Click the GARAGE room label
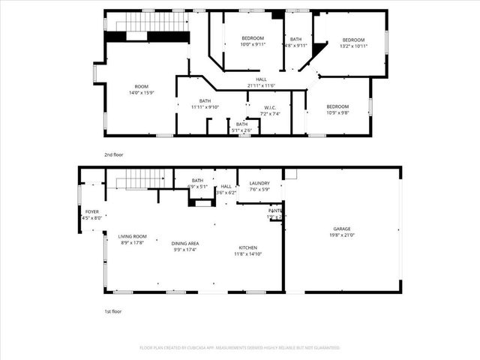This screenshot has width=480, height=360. pyautogui.click(x=342, y=229)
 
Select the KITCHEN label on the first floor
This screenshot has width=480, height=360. pyautogui.click(x=248, y=247)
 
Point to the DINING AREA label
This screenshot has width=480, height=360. pyautogui.click(x=184, y=244)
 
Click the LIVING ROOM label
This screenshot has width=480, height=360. pyautogui.click(x=132, y=236)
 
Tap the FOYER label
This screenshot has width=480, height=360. pyautogui.click(x=92, y=211)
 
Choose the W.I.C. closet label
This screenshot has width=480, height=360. pyautogui.click(x=269, y=107)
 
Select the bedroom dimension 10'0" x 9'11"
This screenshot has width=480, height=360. pyautogui.click(x=253, y=44)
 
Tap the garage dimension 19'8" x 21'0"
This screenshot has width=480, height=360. pyautogui.click(x=342, y=235)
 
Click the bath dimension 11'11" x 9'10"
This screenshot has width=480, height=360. pyautogui.click(x=205, y=107)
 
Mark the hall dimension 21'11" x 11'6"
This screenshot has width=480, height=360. pyautogui.click(x=261, y=85)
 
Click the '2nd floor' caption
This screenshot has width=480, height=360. pyautogui.click(x=114, y=154)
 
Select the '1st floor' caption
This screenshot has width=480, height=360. pyautogui.click(x=113, y=310)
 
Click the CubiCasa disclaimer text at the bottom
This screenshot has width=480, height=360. pyautogui.click(x=240, y=347)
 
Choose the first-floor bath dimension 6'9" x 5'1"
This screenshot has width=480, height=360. pyautogui.click(x=198, y=186)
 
